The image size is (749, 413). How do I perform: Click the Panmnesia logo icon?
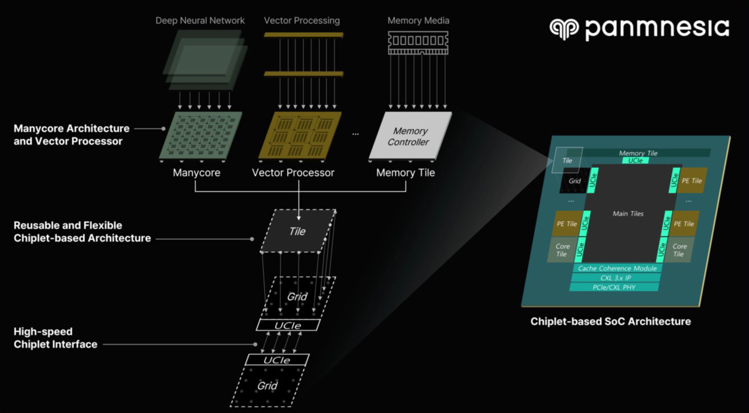pyautogui.click(x=564, y=29)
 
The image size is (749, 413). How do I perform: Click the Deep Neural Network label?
pyautogui.click(x=200, y=20)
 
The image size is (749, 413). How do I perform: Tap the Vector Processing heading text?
pyautogui.click(x=301, y=20)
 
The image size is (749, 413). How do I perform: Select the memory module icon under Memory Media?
pyautogui.click(x=418, y=43)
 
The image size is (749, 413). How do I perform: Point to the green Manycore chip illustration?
pyautogui.click(x=200, y=136)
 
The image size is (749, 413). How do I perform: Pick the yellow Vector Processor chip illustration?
pyautogui.click(x=300, y=136)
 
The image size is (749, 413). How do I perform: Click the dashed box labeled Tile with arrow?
pyautogui.click(x=297, y=231)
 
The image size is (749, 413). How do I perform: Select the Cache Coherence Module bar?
pyautogui.click(x=617, y=269)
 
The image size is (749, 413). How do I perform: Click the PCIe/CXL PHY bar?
pyautogui.click(x=614, y=287)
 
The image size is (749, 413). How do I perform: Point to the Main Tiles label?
pyautogui.click(x=628, y=214)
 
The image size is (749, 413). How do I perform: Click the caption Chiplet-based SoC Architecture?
pyautogui.click(x=610, y=321)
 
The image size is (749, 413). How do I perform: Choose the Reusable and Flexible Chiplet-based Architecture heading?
pyautogui.click(x=82, y=232)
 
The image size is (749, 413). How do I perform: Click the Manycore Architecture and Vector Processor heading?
pyautogui.click(x=71, y=135)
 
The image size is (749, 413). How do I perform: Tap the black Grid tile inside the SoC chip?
pyautogui.click(x=574, y=181)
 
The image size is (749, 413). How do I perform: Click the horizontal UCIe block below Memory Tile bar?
pyautogui.click(x=635, y=160)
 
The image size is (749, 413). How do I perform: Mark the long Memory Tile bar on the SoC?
pyautogui.click(x=638, y=153)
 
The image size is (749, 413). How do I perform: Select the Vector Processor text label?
pyautogui.click(x=293, y=173)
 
